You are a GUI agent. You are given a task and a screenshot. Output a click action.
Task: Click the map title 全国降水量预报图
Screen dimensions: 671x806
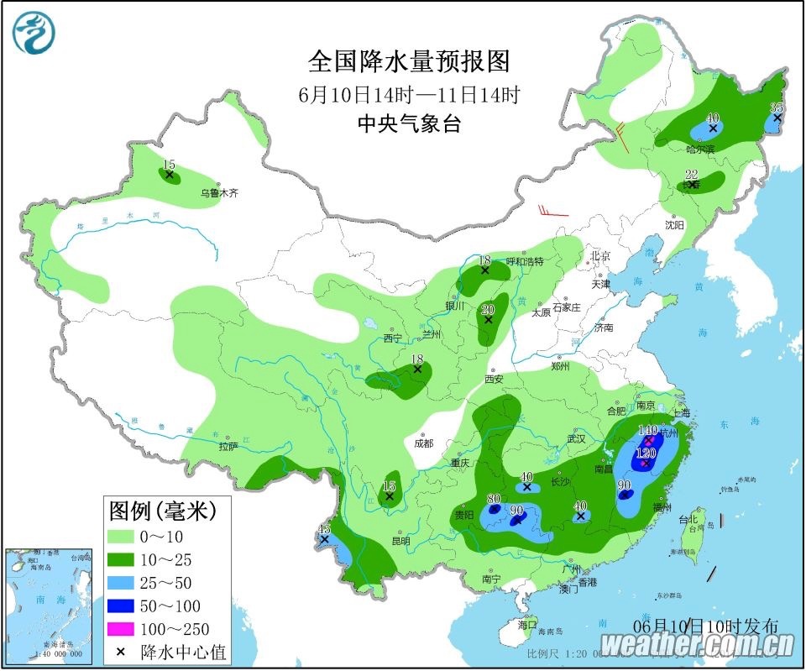(x=409, y=61)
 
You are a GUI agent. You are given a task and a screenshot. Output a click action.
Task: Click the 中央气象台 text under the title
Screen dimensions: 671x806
(x=409, y=123)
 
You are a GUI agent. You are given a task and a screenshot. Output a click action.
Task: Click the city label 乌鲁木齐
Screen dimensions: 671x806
(x=219, y=193)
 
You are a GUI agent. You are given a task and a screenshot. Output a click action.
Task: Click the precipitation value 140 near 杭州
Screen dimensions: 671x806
(x=647, y=430)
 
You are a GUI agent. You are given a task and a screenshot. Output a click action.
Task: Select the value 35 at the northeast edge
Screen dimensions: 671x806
(x=777, y=107)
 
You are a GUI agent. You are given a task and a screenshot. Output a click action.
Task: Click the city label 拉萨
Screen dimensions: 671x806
(x=229, y=447)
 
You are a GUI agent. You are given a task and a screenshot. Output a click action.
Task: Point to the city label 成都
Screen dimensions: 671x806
(x=423, y=443)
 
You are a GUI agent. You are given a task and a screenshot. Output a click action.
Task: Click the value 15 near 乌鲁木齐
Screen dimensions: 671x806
(x=169, y=165)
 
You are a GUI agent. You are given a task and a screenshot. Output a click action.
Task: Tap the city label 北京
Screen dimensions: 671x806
(x=599, y=255)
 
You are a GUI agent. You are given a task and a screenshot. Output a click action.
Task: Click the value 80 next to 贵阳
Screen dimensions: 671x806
(x=494, y=499)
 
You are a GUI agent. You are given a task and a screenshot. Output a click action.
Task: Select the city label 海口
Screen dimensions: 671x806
(x=526, y=626)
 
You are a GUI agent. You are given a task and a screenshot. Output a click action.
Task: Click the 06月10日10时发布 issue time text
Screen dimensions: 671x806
(x=705, y=626)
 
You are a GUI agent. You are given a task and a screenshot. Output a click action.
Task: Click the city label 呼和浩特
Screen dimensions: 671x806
(x=525, y=261)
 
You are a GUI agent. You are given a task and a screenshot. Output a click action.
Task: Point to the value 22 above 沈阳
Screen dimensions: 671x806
(x=691, y=175)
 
